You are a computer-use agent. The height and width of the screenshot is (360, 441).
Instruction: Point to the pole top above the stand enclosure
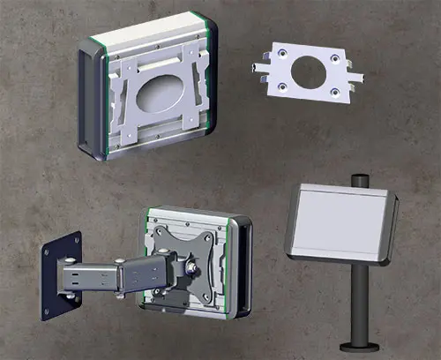click(x=362, y=179)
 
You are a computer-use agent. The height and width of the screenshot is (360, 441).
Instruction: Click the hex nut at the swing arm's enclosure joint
click(x=190, y=263)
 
